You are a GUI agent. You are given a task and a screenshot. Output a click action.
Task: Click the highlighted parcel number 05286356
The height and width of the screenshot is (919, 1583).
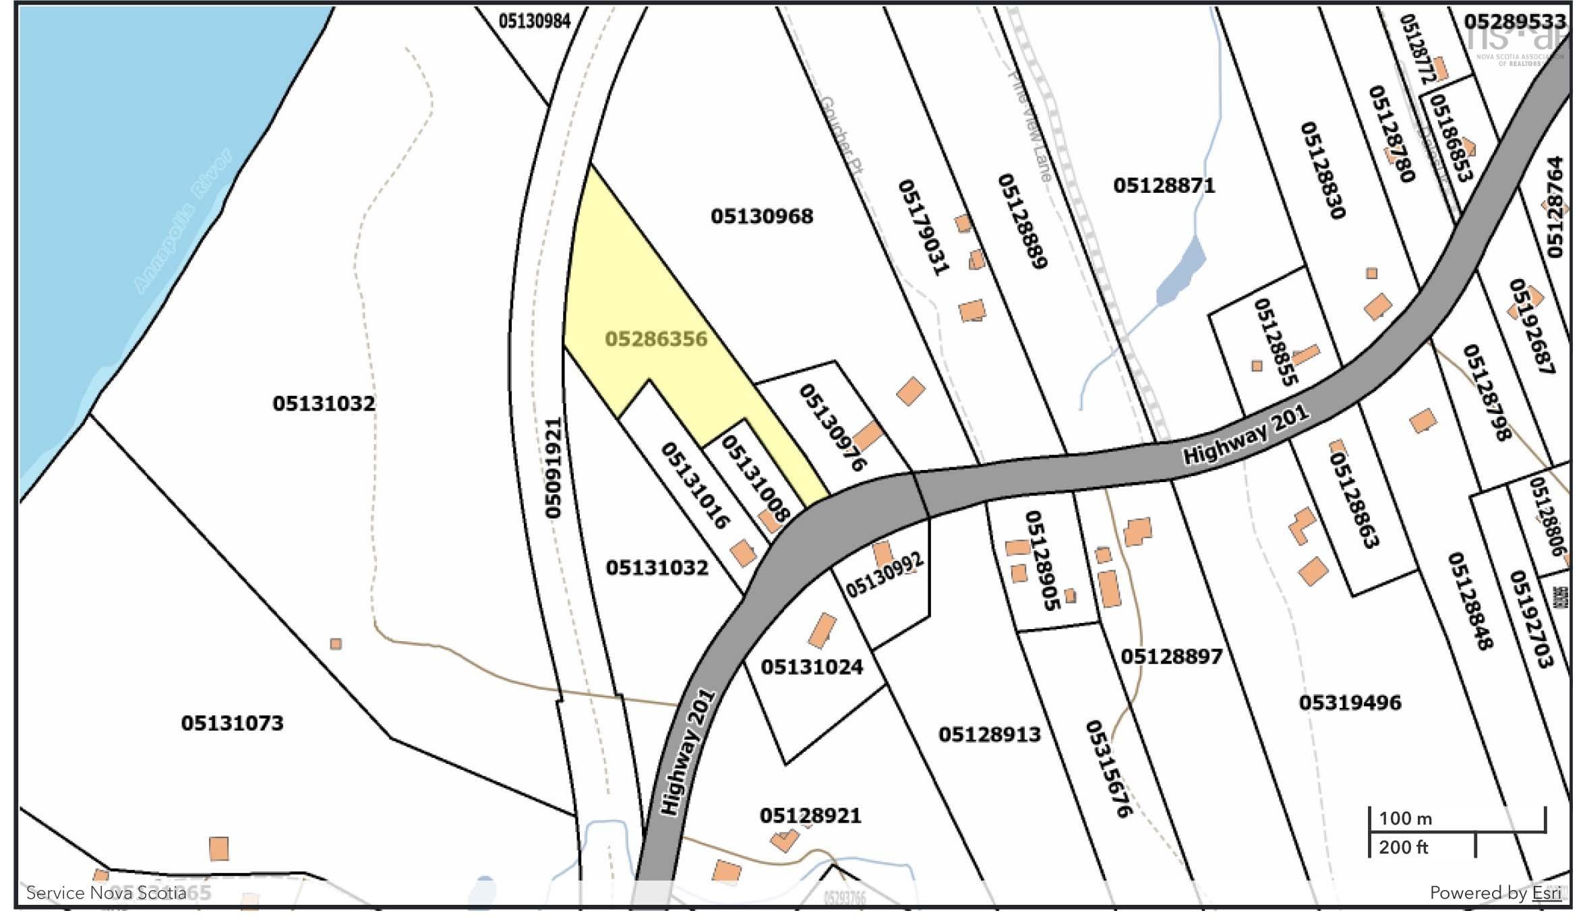(656, 339)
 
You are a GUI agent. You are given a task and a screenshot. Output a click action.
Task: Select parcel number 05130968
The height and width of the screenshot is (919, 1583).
(762, 216)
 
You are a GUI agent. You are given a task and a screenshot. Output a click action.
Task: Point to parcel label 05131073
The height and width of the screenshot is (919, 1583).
(232, 723)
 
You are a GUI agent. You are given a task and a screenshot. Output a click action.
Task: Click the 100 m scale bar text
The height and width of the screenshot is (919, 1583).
(1405, 819)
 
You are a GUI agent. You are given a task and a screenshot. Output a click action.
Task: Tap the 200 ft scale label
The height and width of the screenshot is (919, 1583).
(1403, 848)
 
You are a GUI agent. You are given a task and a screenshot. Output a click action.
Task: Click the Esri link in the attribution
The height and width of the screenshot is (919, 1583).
(1547, 893)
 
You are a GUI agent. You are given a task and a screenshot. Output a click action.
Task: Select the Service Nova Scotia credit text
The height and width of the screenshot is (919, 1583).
(106, 893)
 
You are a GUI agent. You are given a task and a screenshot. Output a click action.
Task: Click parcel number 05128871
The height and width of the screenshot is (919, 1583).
(1164, 185)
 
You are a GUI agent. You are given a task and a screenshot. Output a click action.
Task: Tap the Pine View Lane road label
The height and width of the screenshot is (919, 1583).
(1029, 128)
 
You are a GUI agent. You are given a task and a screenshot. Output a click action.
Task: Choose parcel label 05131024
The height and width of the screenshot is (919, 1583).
(812, 667)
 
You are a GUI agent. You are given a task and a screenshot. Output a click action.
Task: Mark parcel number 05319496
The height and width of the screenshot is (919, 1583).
(1350, 703)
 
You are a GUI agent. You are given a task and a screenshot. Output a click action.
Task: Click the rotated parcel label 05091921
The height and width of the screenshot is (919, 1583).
(554, 468)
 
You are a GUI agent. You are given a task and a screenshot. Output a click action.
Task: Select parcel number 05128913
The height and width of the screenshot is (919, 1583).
(990, 734)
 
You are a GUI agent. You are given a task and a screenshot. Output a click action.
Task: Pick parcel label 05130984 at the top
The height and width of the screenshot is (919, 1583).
(535, 22)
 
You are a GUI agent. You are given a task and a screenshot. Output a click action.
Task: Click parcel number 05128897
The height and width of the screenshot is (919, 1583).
(1171, 656)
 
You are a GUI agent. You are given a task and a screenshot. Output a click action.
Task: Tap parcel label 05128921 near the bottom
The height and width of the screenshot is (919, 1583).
(810, 816)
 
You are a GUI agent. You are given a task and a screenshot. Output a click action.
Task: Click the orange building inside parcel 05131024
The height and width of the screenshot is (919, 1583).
(822, 631)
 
